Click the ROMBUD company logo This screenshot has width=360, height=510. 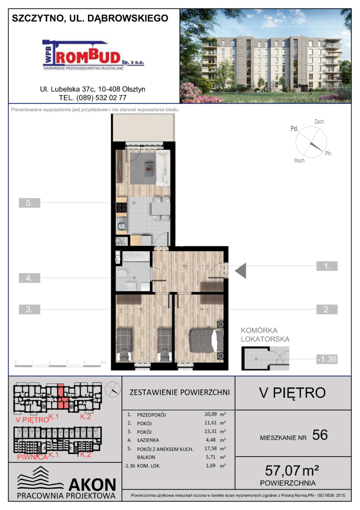point(93,55)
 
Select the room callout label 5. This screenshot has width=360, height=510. point(29,203)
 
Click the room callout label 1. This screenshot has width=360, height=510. point(327,266)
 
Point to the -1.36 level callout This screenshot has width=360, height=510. point(327,359)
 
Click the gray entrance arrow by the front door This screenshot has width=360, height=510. point(241,271)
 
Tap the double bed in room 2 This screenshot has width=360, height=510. point(206,340)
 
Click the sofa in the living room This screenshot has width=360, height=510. point(163,168)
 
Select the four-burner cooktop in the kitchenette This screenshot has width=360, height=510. point(122,207)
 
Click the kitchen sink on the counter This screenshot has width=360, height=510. point(122,223)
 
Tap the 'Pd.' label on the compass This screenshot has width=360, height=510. point(294,129)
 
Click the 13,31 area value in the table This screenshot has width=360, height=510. point(210,431)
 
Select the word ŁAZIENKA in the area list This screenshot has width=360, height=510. point(148,440)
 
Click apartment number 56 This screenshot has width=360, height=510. point(320,435)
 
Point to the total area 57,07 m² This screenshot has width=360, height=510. point(292,470)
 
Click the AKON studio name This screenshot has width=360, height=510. point(92,484)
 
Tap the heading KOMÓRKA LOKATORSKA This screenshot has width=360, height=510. point(265,335)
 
